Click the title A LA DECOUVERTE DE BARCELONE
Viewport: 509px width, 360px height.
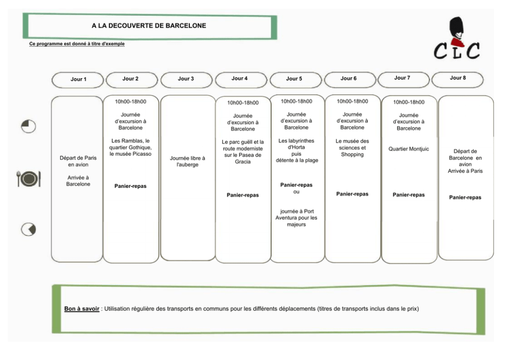pos(149,26)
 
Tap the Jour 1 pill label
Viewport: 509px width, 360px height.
pos(78,79)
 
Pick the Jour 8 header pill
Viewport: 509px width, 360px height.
pos(458,78)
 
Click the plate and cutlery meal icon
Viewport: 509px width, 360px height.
pos(29,178)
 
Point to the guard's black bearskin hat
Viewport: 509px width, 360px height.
pos(456,28)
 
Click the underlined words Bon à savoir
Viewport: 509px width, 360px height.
pos(82,309)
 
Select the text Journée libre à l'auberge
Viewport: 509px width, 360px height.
pos(187,161)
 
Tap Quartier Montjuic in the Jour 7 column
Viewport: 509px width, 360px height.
pos(409,149)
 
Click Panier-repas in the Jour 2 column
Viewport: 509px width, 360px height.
pos(130,186)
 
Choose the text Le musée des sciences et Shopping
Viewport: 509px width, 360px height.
pos(352,148)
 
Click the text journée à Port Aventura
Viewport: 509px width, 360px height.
pos(297,215)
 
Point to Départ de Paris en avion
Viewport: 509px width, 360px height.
pos(78,161)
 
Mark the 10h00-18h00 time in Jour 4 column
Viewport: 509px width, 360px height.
pos(243,103)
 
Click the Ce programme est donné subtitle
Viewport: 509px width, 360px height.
pos(77,44)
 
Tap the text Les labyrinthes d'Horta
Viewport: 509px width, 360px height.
pos(297,144)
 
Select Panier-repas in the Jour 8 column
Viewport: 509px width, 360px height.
pos(465,198)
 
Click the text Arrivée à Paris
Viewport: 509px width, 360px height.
pos(465,171)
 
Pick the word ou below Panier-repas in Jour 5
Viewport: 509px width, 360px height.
pos(297,192)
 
